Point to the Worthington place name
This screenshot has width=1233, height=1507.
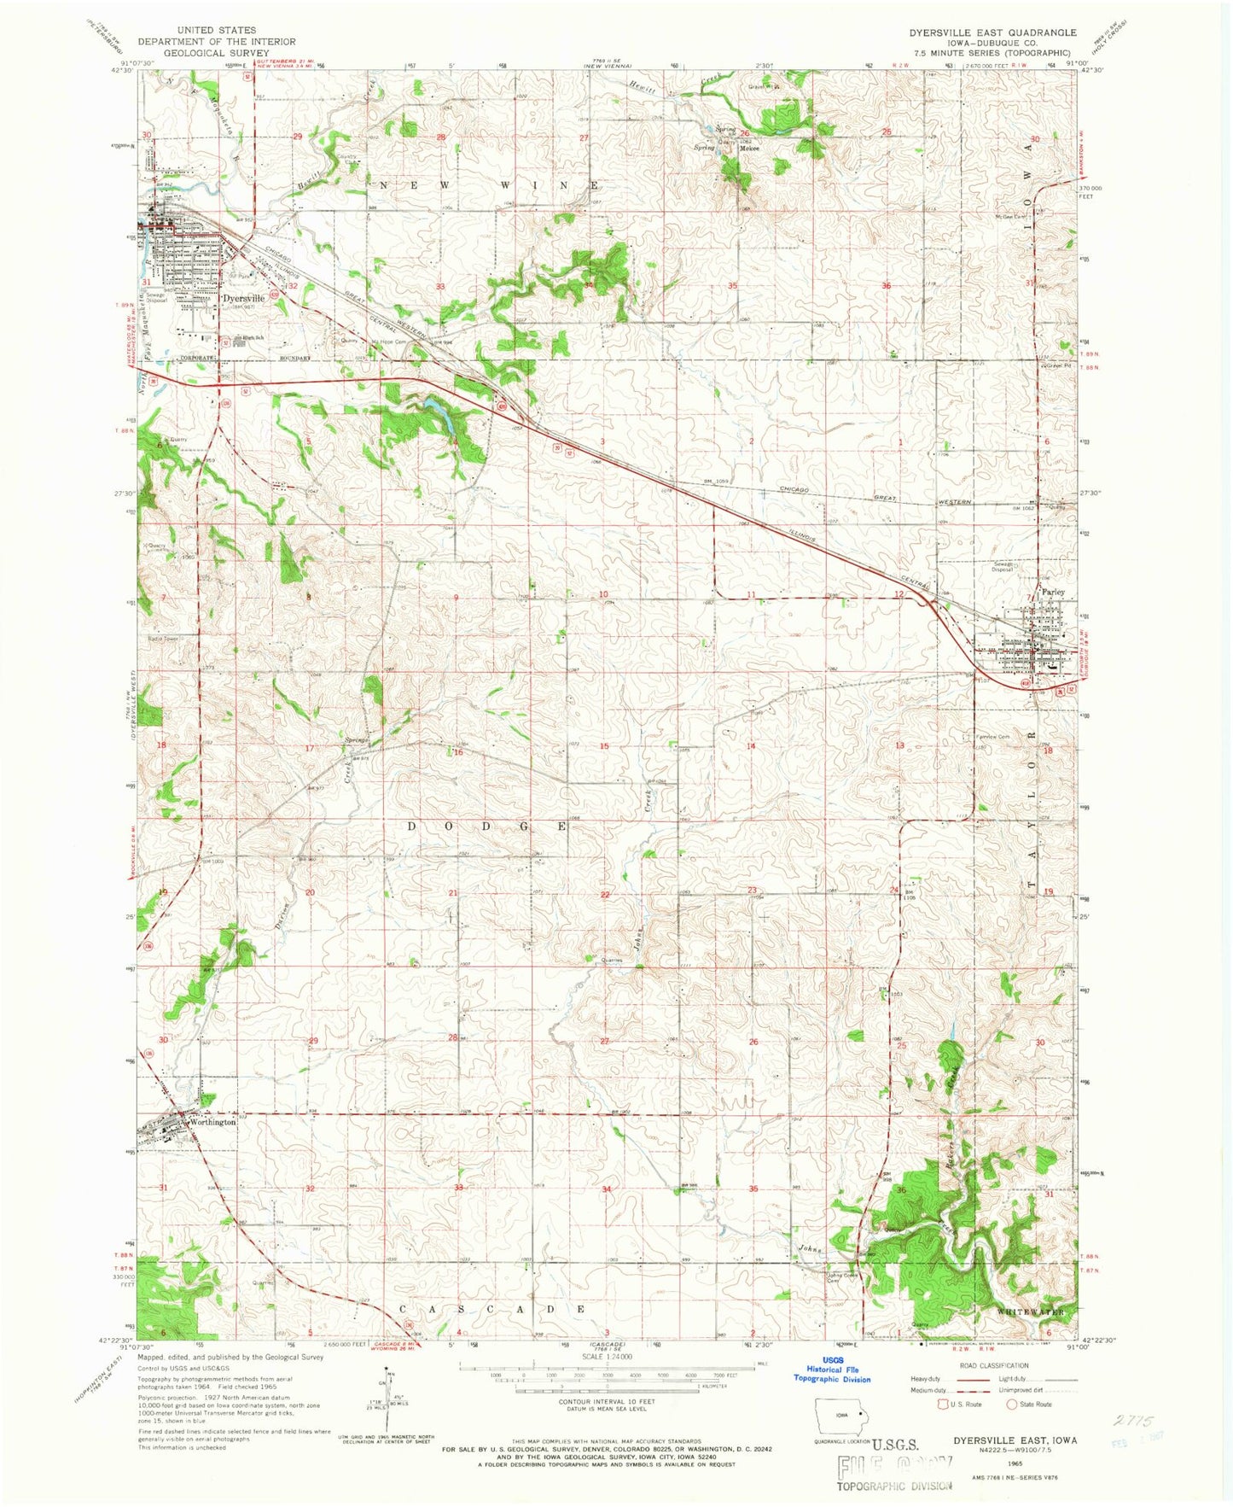pyautogui.click(x=213, y=1122)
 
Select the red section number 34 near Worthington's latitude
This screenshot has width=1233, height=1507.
pyautogui.click(x=607, y=1189)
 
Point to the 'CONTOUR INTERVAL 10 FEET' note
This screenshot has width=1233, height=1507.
pyautogui.click(x=608, y=1401)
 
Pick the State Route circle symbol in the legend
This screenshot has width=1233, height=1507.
pyautogui.click(x=1012, y=1404)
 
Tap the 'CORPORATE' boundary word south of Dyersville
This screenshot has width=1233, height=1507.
pyautogui.click(x=197, y=359)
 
